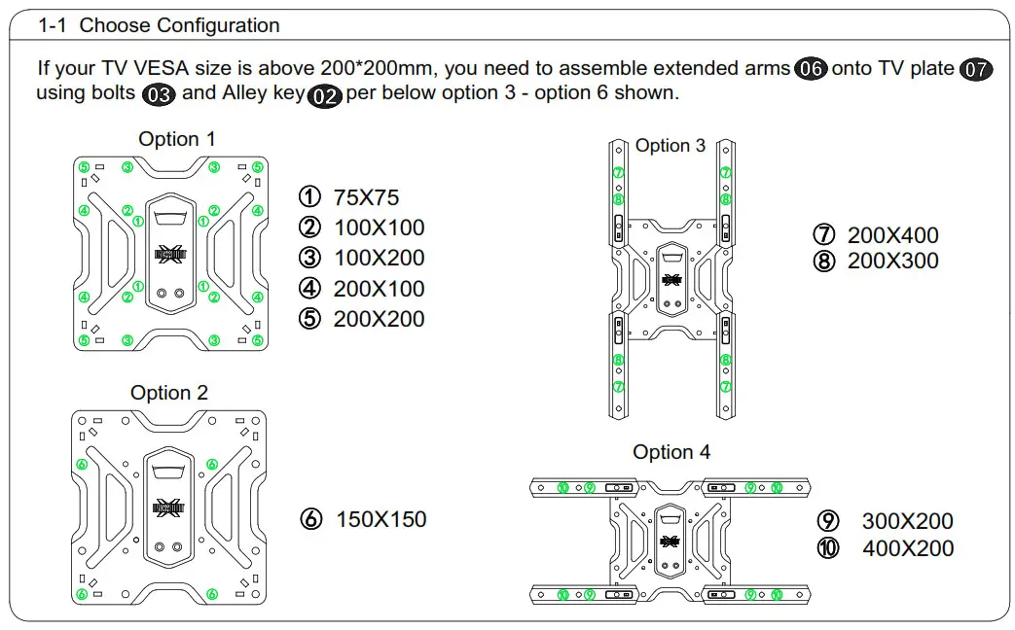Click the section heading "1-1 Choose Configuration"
159,26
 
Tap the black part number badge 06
811,69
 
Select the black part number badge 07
976,70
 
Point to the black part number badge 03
159,95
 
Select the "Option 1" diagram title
177,139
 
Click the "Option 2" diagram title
169,393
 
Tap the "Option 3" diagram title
671,146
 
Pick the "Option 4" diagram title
671,452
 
